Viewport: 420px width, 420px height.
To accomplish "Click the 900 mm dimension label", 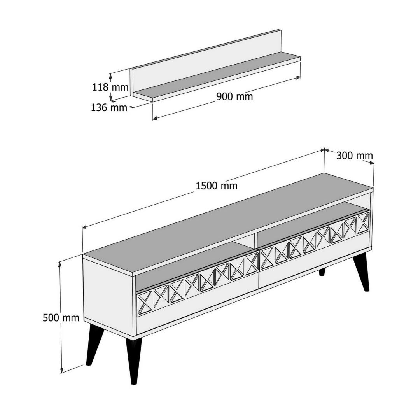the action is tap(234, 96).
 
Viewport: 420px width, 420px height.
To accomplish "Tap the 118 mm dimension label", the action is tap(110, 87).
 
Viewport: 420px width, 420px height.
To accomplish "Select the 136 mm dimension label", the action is tap(109, 108).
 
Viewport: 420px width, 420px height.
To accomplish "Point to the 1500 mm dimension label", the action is tap(217, 185).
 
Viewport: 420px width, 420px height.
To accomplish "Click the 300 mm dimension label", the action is tap(354, 156).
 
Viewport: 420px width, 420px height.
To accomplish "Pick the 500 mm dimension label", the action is tap(61, 318).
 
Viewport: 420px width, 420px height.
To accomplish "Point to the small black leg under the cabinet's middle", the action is tap(322, 271).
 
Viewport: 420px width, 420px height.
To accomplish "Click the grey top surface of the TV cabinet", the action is tap(227, 223).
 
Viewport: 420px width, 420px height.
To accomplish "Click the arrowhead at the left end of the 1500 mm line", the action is tap(84, 227).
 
